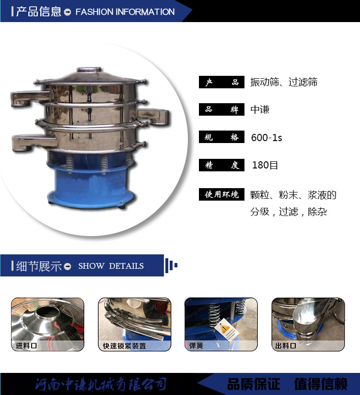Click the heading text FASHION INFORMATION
pyautogui.click(x=125, y=12)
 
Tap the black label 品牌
pyautogui.click(x=221, y=109)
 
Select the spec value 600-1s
pyautogui.click(x=267, y=138)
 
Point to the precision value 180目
pyautogui.click(x=265, y=165)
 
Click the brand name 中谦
pyautogui.click(x=260, y=109)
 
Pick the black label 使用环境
pyautogui.click(x=221, y=194)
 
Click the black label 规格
pyautogui.click(x=221, y=137)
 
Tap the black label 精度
pyautogui.click(x=221, y=165)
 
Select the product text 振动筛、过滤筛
pyautogui.click(x=284, y=82)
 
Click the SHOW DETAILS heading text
pyautogui.click(x=111, y=266)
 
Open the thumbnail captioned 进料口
pyautogui.click(x=47, y=324)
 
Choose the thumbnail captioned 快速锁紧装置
pyautogui.click(x=135, y=324)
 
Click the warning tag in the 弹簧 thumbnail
pyautogui.click(x=225, y=329)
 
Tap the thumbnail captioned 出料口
pyautogui.click(x=308, y=324)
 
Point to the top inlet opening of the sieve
pyautogui.click(x=89, y=69)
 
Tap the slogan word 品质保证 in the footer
pyautogui.click(x=254, y=384)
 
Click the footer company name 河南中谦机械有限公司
pyautogui.click(x=101, y=384)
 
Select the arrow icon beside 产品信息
pyautogui.click(x=68, y=12)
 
